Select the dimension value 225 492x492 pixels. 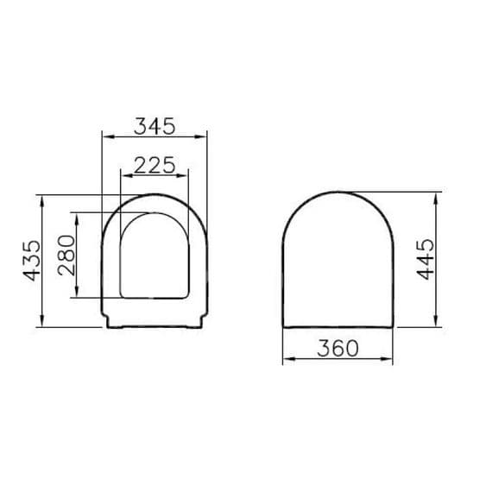155,163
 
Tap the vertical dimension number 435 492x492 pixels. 32,260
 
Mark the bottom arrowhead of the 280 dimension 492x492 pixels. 79,294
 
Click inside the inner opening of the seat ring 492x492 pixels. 155,259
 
